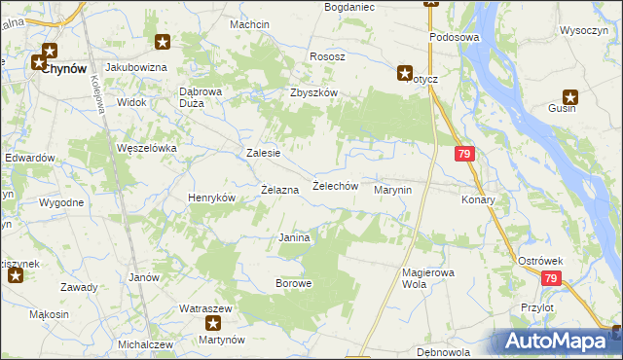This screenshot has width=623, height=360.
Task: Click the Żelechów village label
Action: (336, 186)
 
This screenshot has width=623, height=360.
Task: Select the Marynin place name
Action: (394, 191)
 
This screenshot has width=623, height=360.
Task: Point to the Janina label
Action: (294, 237)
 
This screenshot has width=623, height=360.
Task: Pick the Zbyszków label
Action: (312, 92)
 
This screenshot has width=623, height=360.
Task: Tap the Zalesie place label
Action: (264, 153)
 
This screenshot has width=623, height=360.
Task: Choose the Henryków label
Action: (212, 198)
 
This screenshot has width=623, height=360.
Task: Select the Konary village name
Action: (479, 199)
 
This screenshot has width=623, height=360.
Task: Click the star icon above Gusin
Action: (570, 97)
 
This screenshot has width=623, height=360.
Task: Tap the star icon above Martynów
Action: (212, 322)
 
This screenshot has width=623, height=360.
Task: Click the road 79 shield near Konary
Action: (464, 155)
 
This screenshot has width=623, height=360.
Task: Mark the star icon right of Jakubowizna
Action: (163, 41)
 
